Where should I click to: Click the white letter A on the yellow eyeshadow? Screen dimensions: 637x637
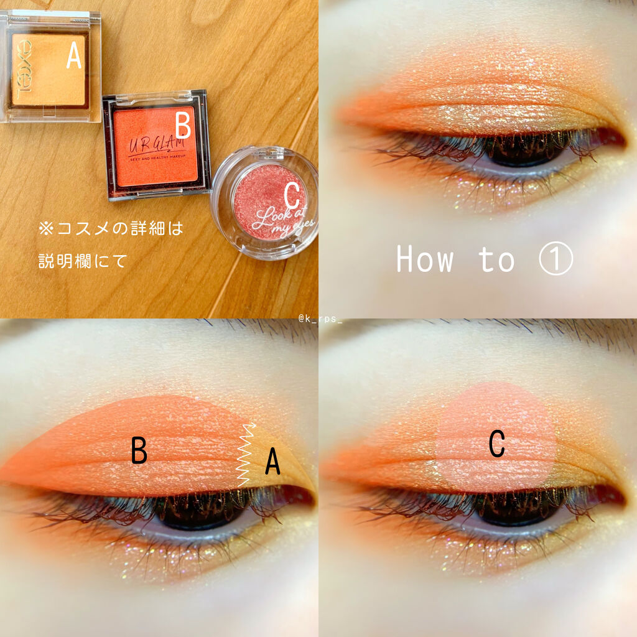click(x=74, y=57)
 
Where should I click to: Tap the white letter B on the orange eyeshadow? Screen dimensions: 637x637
click(x=182, y=126)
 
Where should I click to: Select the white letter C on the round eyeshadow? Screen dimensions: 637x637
click(x=291, y=195)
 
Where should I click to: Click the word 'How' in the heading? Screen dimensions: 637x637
click(x=425, y=259)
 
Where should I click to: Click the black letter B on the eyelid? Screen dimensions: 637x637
click(x=139, y=451)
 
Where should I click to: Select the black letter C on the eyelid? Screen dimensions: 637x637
click(x=496, y=444)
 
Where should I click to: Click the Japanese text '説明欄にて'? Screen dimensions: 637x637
click(x=83, y=260)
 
